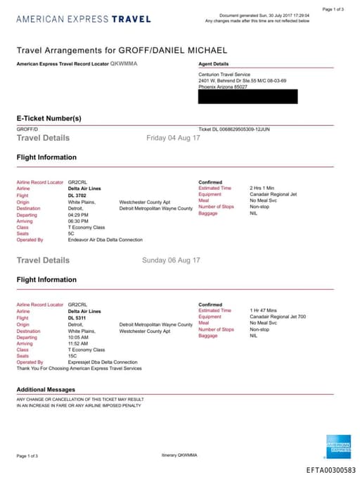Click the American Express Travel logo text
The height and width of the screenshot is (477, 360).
(x=82, y=18)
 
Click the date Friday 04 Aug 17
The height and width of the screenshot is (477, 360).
(x=173, y=138)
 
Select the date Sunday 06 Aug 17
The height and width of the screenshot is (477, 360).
(x=171, y=260)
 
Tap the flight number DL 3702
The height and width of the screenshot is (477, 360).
(x=77, y=196)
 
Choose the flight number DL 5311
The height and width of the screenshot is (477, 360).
(x=77, y=318)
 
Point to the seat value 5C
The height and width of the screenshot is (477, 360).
(x=71, y=234)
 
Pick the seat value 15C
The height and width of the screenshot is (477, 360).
(x=72, y=356)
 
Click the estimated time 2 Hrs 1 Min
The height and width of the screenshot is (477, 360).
(x=263, y=189)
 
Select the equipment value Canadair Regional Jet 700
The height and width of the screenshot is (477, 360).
(x=278, y=317)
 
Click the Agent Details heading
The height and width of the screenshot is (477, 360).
(x=214, y=63)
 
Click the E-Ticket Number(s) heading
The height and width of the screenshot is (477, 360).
(x=49, y=117)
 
